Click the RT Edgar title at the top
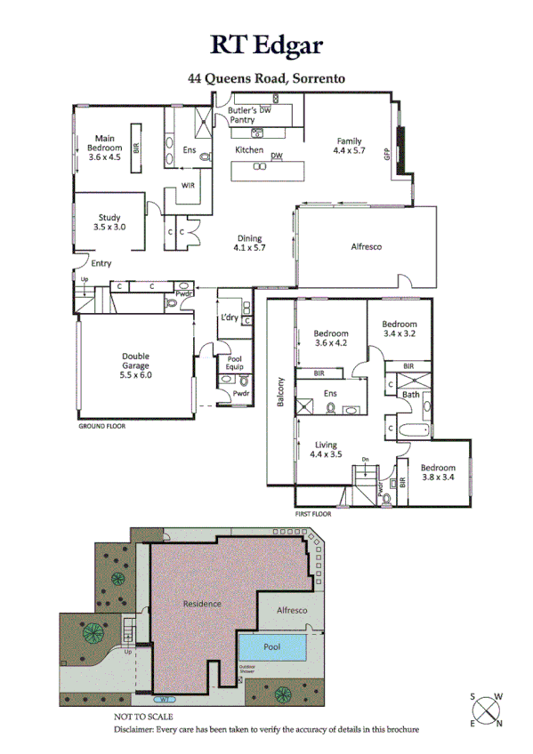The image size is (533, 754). click(x=266, y=44)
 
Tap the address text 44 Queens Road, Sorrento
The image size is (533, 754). click(x=266, y=78)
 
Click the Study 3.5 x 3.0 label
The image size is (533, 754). click(x=110, y=222)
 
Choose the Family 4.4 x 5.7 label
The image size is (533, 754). click(x=348, y=146)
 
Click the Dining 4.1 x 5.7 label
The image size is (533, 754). click(x=249, y=243)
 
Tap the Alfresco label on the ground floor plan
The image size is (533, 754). click(x=365, y=246)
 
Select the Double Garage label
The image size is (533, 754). click(x=136, y=364)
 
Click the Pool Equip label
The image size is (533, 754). click(x=234, y=363)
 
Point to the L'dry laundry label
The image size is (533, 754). click(x=229, y=317)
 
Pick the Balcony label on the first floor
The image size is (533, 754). click(x=279, y=395)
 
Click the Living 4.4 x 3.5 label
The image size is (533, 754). click(x=326, y=449)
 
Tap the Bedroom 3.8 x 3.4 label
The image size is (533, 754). click(x=438, y=472)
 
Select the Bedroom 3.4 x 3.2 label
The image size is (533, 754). click(x=400, y=329)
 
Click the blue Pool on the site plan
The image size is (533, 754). click(x=273, y=646)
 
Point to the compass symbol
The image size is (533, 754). click(x=485, y=710)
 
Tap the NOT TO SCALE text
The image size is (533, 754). click(x=143, y=716)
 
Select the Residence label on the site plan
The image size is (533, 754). click(x=202, y=604)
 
